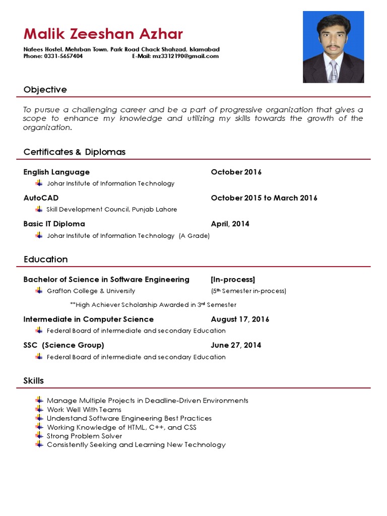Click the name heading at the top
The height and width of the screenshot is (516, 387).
(103, 34)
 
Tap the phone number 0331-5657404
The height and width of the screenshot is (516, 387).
(64, 56)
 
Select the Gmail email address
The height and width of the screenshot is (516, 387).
(185, 56)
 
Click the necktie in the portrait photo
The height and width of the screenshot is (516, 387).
(333, 70)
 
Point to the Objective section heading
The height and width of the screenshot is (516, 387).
(45, 90)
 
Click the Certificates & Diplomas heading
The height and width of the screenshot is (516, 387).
(74, 152)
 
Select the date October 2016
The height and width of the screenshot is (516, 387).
(236, 172)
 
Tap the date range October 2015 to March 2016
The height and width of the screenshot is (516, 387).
(264, 198)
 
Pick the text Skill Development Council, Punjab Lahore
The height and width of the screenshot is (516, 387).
(111, 209)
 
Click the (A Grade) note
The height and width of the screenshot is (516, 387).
(194, 235)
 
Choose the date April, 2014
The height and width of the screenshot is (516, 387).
(230, 224)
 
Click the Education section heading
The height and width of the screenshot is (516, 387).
(45, 260)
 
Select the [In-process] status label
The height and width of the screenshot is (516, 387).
(233, 280)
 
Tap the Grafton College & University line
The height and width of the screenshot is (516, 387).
(91, 291)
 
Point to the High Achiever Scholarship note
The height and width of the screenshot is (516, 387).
(153, 305)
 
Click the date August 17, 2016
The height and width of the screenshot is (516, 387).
(240, 319)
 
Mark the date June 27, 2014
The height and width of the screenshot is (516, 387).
(236, 345)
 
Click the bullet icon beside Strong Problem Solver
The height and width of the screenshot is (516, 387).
(39, 435)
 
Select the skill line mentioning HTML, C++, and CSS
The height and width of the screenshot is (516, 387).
(121, 427)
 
